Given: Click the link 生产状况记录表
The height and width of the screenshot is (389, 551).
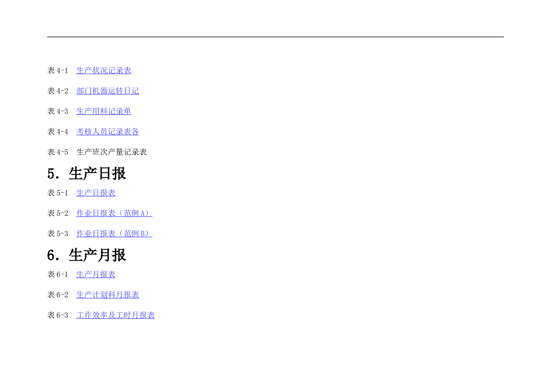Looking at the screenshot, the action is (104, 71).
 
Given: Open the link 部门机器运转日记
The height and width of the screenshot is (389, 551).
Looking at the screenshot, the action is (107, 91).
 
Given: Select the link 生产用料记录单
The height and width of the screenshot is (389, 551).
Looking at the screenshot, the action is (104, 111).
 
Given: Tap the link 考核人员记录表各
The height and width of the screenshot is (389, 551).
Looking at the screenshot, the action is (107, 132).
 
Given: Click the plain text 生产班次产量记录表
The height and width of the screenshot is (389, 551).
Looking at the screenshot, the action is (112, 152).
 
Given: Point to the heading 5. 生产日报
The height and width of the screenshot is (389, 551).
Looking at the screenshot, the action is (87, 173).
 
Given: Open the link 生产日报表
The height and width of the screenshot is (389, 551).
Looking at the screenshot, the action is (96, 193).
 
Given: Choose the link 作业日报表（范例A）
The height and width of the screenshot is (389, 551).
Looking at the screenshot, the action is (114, 213).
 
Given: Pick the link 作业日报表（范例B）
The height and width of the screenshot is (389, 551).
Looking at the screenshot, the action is (114, 234).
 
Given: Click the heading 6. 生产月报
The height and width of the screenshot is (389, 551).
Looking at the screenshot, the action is (87, 255).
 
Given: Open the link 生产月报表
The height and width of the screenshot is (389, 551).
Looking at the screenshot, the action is (96, 274).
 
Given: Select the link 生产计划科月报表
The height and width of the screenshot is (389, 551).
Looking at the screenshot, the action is (107, 295).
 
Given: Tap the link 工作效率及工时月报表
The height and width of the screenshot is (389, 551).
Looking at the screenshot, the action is (115, 315).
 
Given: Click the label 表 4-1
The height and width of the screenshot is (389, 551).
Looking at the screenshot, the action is (57, 71).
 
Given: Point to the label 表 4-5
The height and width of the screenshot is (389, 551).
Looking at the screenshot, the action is (57, 152).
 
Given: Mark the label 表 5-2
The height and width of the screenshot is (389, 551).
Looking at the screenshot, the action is (57, 213).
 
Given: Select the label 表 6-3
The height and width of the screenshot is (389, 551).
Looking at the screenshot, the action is (57, 315).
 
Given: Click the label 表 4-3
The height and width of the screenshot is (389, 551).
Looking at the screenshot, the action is (57, 111).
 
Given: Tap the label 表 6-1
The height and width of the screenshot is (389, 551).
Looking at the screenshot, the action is (57, 274).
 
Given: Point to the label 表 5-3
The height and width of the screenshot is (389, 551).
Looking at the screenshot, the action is (57, 234).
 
